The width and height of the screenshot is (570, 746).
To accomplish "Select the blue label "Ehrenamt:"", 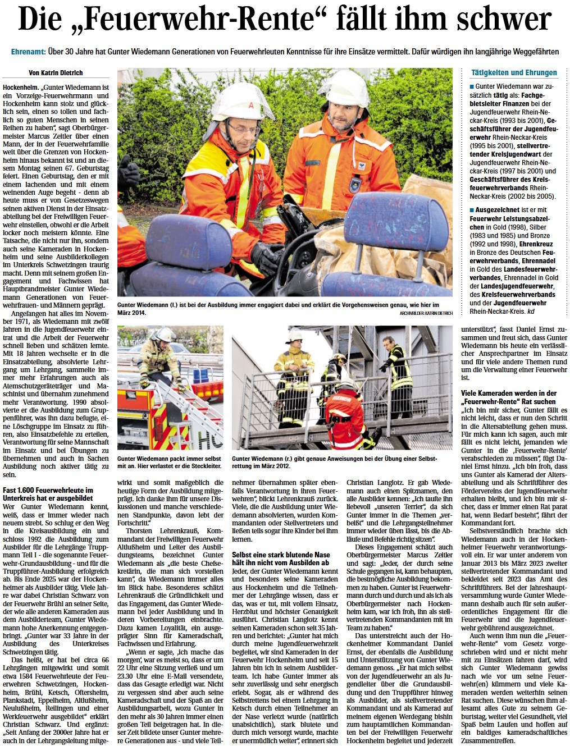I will pos(28,52).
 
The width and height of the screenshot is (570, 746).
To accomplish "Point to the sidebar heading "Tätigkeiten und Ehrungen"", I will pos(514,72).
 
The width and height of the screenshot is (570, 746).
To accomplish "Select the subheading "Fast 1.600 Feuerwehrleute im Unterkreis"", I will pos(48,494).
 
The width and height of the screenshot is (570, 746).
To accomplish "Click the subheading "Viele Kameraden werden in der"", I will pos(508,393).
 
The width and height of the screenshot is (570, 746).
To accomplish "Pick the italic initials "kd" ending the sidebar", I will pos(531,310).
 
